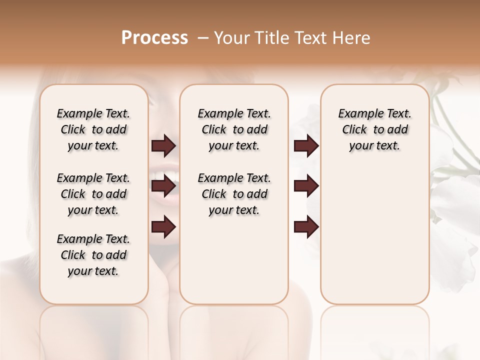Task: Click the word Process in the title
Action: [154, 38]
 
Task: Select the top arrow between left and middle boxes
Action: [163, 146]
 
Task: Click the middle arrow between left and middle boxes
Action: [163, 186]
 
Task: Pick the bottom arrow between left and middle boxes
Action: [163, 227]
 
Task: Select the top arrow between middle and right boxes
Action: [306, 146]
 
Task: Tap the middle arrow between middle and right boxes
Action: [306, 186]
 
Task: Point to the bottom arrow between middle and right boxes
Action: [306, 227]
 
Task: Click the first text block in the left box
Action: [93, 129]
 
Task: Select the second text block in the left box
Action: [93, 194]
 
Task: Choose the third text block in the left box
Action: [93, 255]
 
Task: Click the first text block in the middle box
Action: [234, 129]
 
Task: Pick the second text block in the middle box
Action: [234, 194]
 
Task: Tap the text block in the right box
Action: [374, 129]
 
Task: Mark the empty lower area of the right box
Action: [374, 235]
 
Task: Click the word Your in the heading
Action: [230, 38]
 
